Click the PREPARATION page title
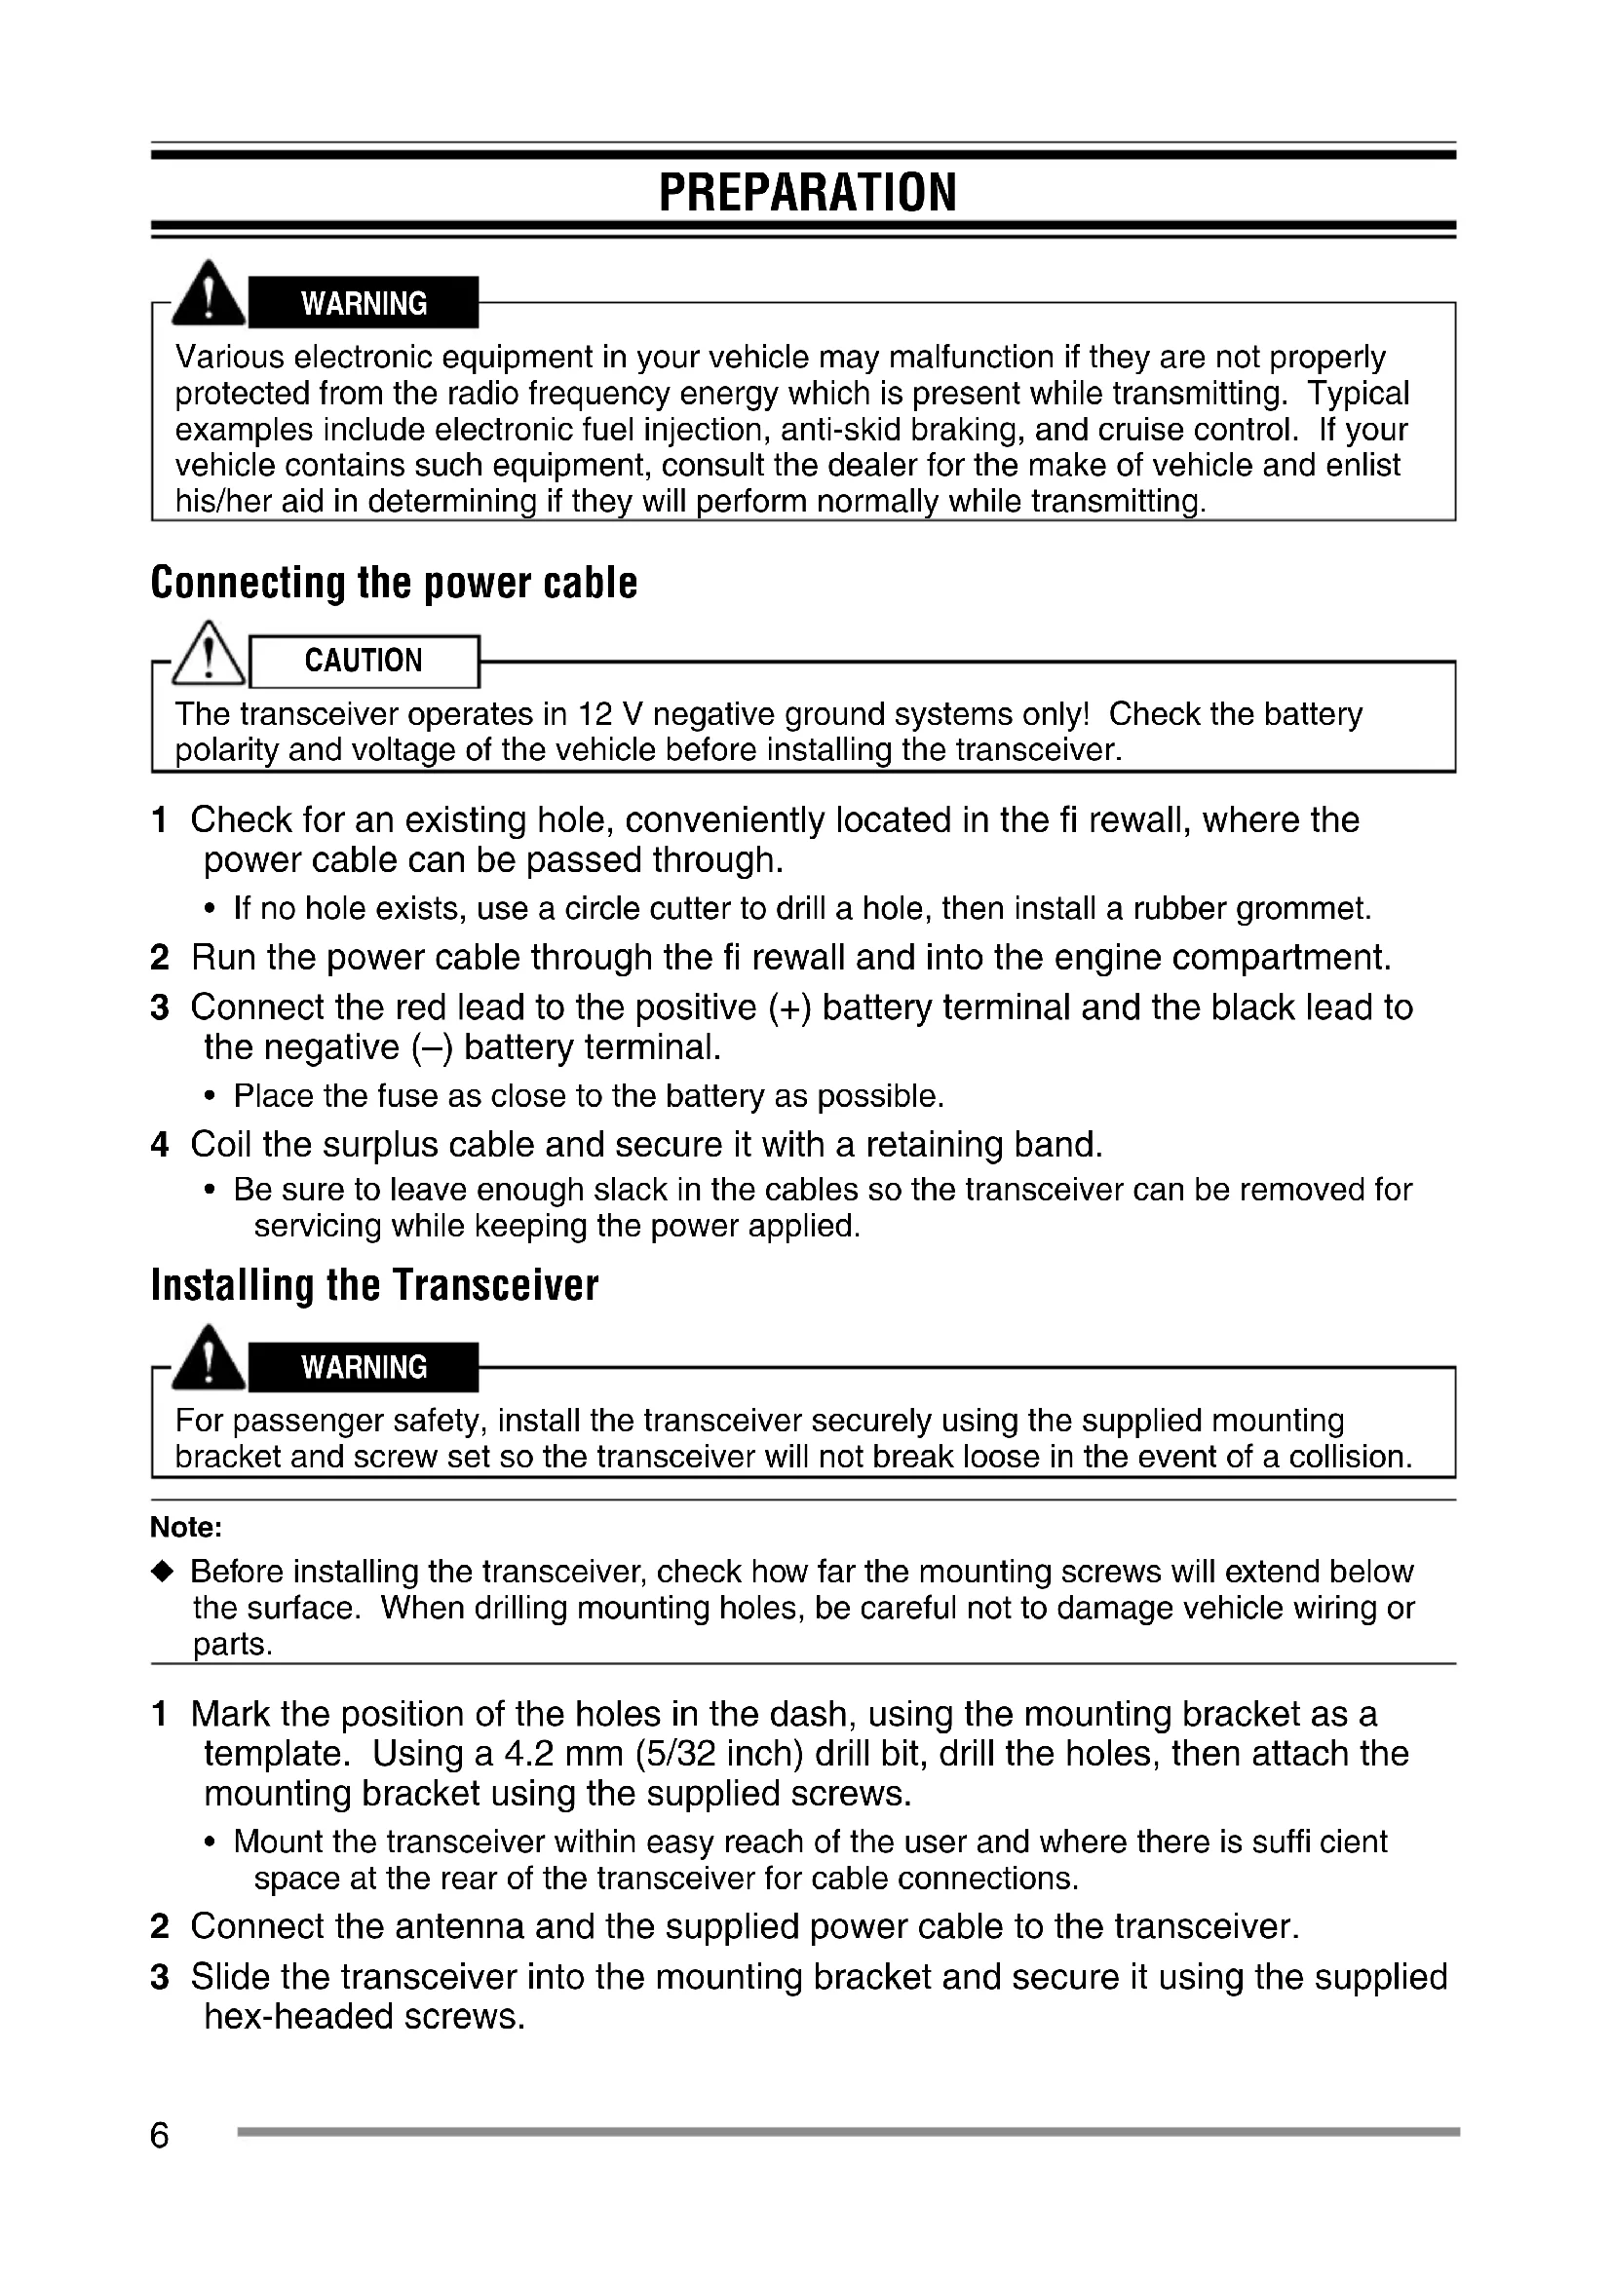click(807, 193)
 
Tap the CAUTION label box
click(364, 661)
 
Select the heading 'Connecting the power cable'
click(393, 583)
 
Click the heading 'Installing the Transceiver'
click(374, 1285)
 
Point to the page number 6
click(160, 2135)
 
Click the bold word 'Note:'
click(185, 1527)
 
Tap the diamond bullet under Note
click(165, 1572)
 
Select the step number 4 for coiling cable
click(160, 1146)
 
